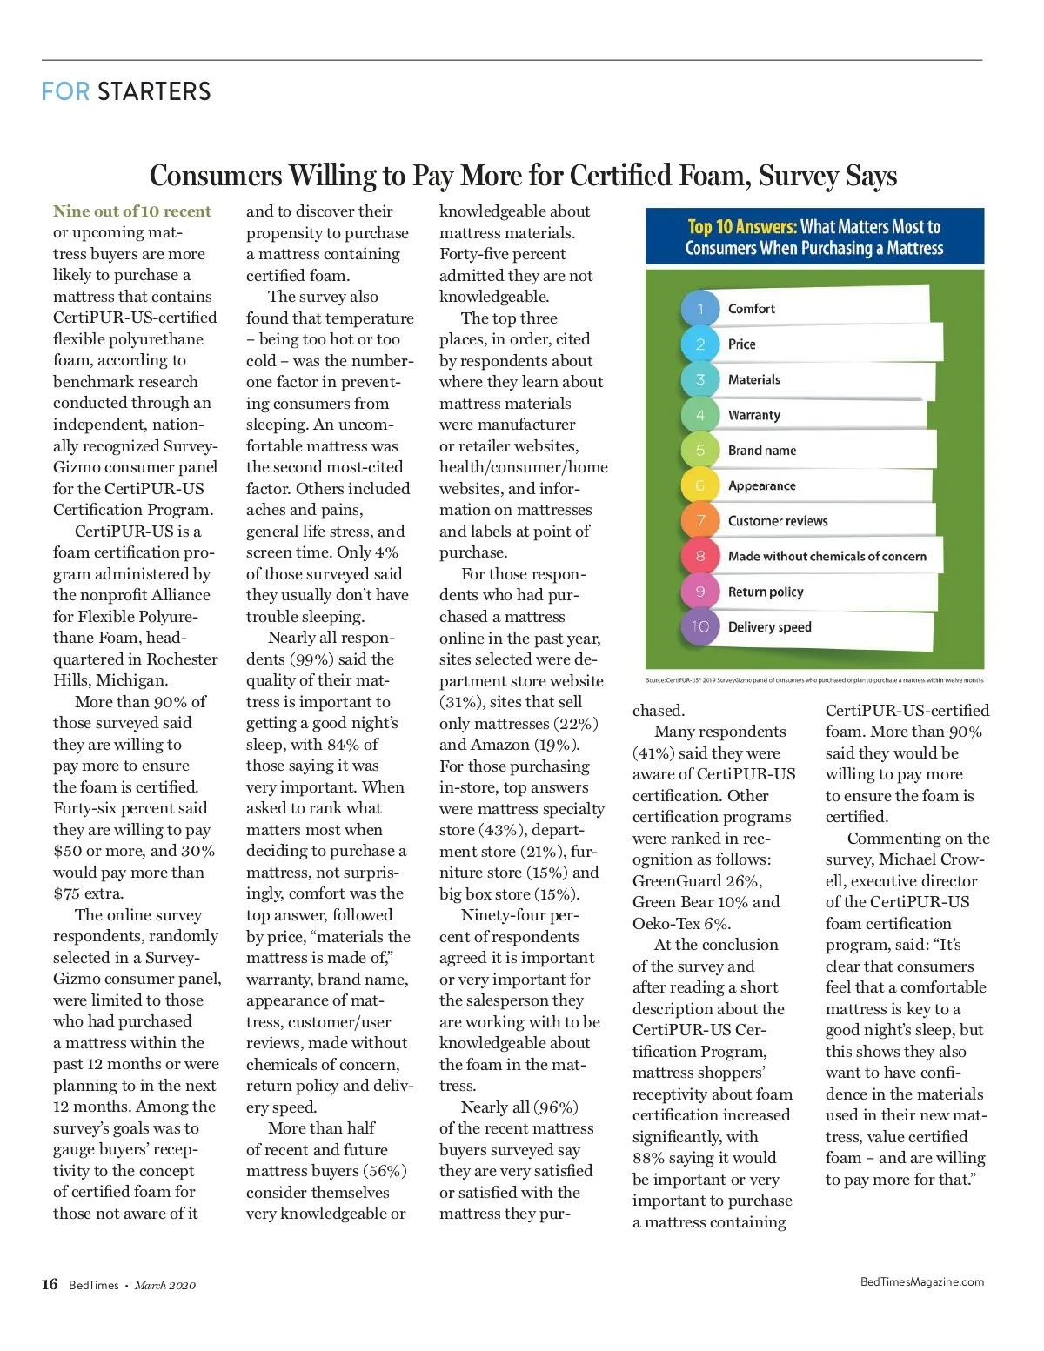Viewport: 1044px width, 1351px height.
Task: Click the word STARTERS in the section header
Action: click(154, 91)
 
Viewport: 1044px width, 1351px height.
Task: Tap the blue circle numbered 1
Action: click(700, 308)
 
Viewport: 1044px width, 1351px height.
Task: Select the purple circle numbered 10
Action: click(700, 626)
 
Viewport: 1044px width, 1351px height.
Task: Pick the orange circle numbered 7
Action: click(700, 520)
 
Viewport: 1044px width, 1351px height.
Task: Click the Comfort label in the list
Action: click(751, 309)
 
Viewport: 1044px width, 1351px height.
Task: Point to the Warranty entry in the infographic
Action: click(753, 415)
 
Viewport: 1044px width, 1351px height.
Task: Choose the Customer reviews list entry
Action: click(777, 521)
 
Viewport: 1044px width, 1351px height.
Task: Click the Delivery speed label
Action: click(769, 627)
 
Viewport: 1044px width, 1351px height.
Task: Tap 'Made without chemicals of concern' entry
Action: click(826, 557)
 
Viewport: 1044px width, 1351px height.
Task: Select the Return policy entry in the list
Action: click(766, 592)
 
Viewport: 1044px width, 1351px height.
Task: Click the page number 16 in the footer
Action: click(50, 1284)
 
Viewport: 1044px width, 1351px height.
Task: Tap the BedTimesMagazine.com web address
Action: click(921, 1281)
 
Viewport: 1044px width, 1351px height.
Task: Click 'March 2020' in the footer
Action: click(165, 1285)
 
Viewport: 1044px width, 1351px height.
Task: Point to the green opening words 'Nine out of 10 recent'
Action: click(131, 211)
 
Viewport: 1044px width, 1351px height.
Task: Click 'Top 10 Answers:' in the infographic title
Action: click(741, 227)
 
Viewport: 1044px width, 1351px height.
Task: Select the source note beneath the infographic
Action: click(814, 680)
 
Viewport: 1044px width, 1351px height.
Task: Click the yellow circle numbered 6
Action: click(700, 485)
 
